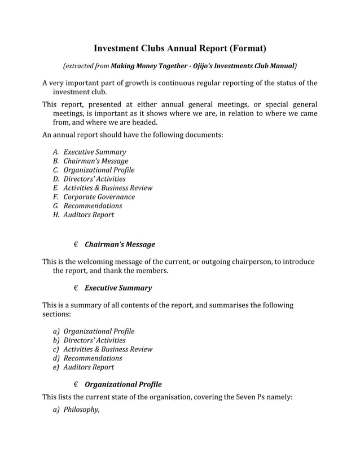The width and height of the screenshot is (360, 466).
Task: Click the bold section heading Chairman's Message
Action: [x=120, y=245]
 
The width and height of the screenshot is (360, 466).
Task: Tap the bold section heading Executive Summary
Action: [x=118, y=288]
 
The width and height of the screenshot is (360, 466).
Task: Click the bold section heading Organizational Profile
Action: [x=123, y=385]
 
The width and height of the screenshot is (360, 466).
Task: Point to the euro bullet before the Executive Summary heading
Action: [x=76, y=288]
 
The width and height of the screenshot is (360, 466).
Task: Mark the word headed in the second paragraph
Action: [x=144, y=122]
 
